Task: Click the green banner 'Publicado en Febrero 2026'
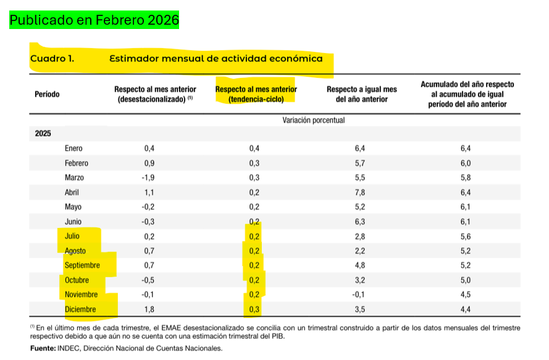94,20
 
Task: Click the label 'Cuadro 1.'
52,59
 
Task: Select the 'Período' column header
48,94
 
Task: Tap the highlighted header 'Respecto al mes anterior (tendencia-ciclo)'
255,94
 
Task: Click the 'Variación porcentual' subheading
313,120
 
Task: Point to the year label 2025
43,134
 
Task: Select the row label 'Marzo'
74,178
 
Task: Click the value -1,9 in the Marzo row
148,178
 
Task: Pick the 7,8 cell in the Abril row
361,192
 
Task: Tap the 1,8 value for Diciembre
149,309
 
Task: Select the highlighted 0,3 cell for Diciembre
254,309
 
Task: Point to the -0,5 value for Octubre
148,280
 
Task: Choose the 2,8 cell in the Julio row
361,237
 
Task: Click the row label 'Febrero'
77,163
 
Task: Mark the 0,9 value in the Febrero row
149,163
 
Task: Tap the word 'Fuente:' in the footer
43,349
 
